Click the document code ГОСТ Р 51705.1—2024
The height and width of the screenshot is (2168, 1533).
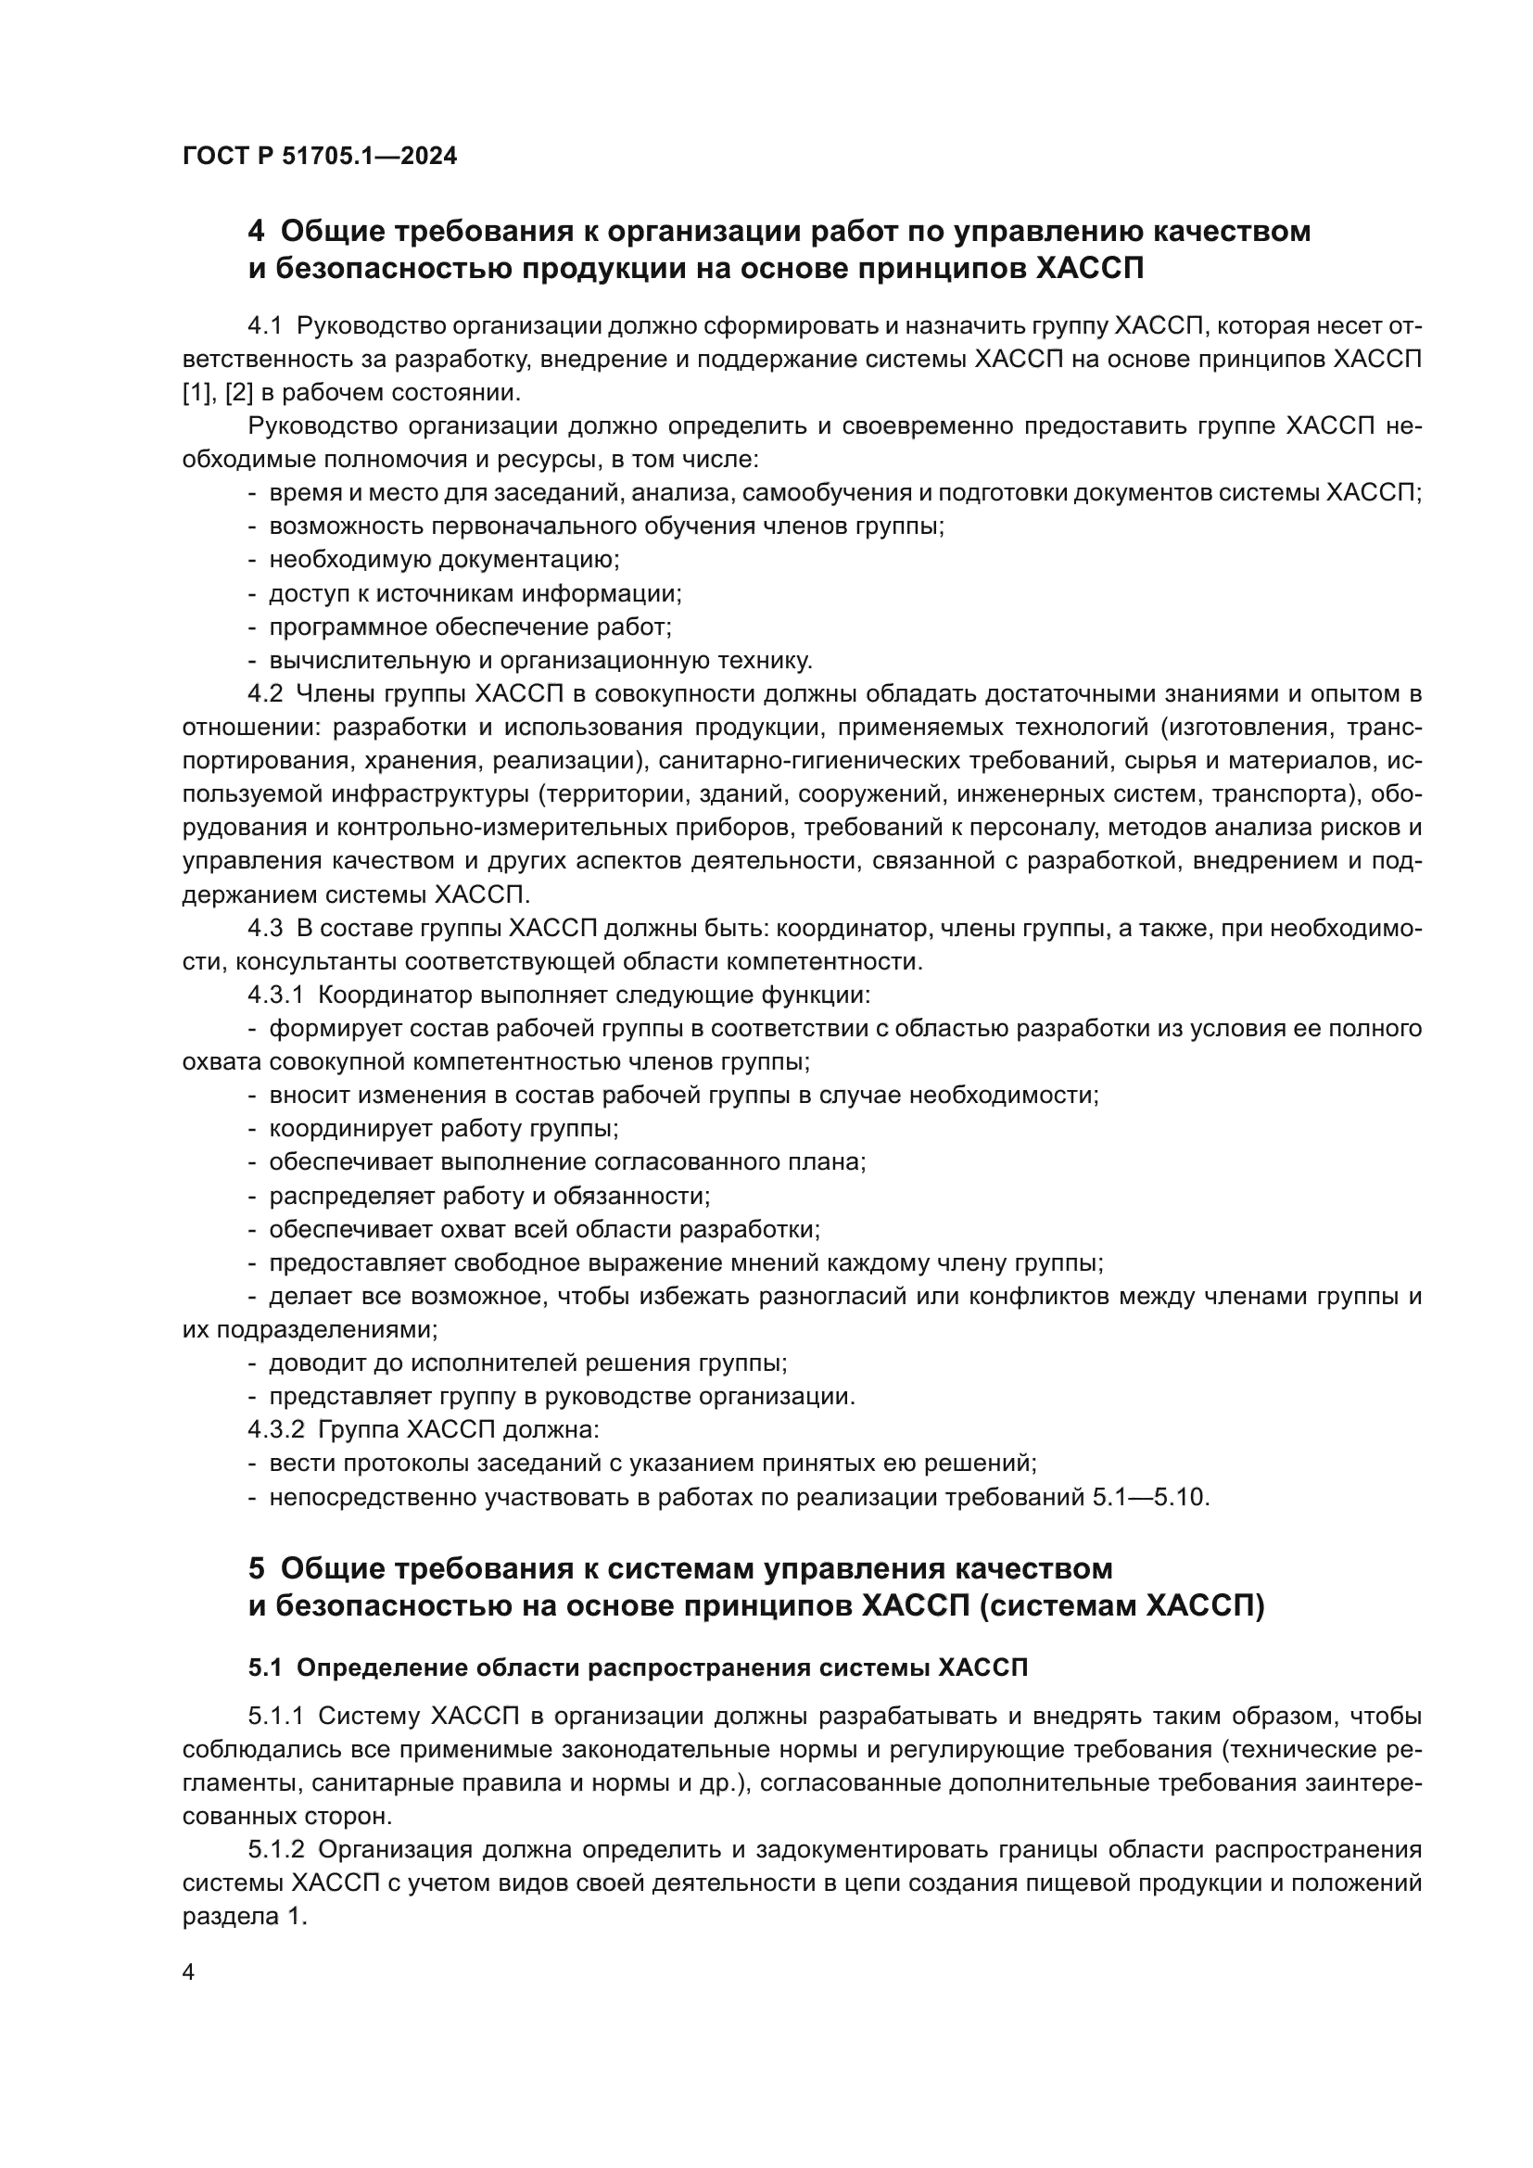[x=319, y=156]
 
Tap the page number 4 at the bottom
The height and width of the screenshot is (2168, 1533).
[x=189, y=1971]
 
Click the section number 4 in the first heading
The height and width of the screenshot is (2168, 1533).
[x=256, y=232]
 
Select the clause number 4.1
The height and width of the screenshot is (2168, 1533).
[x=265, y=325]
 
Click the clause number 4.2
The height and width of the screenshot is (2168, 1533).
[x=265, y=694]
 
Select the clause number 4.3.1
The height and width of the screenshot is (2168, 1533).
[x=275, y=995]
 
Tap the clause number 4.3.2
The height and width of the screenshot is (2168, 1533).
[x=275, y=1429]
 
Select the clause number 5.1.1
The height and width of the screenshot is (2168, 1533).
[x=275, y=1716]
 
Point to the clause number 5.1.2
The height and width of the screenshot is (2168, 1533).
[x=275, y=1849]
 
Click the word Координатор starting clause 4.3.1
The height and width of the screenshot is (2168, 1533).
[x=396, y=995]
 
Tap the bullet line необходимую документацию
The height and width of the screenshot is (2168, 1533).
[x=444, y=560]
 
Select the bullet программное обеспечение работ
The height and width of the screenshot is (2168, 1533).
[x=470, y=627]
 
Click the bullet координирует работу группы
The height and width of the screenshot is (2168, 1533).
[x=444, y=1128]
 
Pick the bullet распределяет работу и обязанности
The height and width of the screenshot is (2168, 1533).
[x=489, y=1196]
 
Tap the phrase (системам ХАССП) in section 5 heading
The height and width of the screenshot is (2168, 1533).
[x=1121, y=1605]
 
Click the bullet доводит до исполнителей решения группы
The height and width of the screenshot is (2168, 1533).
[x=527, y=1363]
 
